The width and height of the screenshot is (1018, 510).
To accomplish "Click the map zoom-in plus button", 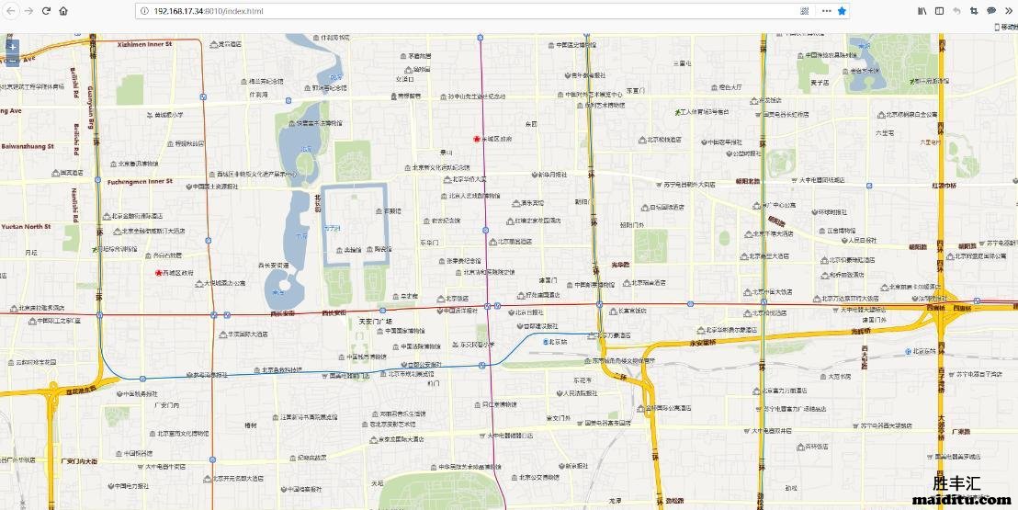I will pyautogui.click(x=11, y=46).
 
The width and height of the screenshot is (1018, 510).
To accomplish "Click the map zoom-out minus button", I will pyautogui.click(x=11, y=61).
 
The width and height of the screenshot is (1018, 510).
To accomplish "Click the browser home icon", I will pyautogui.click(x=63, y=11).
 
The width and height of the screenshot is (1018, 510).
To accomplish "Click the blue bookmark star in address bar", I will pyautogui.click(x=842, y=11).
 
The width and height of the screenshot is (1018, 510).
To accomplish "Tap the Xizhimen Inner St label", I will pyautogui.click(x=145, y=43).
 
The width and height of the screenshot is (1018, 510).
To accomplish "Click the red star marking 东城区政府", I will pyautogui.click(x=476, y=139).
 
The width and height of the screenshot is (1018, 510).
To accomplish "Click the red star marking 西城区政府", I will pyautogui.click(x=158, y=273).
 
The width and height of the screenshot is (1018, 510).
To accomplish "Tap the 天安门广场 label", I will pyautogui.click(x=374, y=322).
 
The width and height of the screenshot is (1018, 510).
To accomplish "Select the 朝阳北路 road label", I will pyautogui.click(x=748, y=182).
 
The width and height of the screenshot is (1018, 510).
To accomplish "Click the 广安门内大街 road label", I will pyautogui.click(x=78, y=460).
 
